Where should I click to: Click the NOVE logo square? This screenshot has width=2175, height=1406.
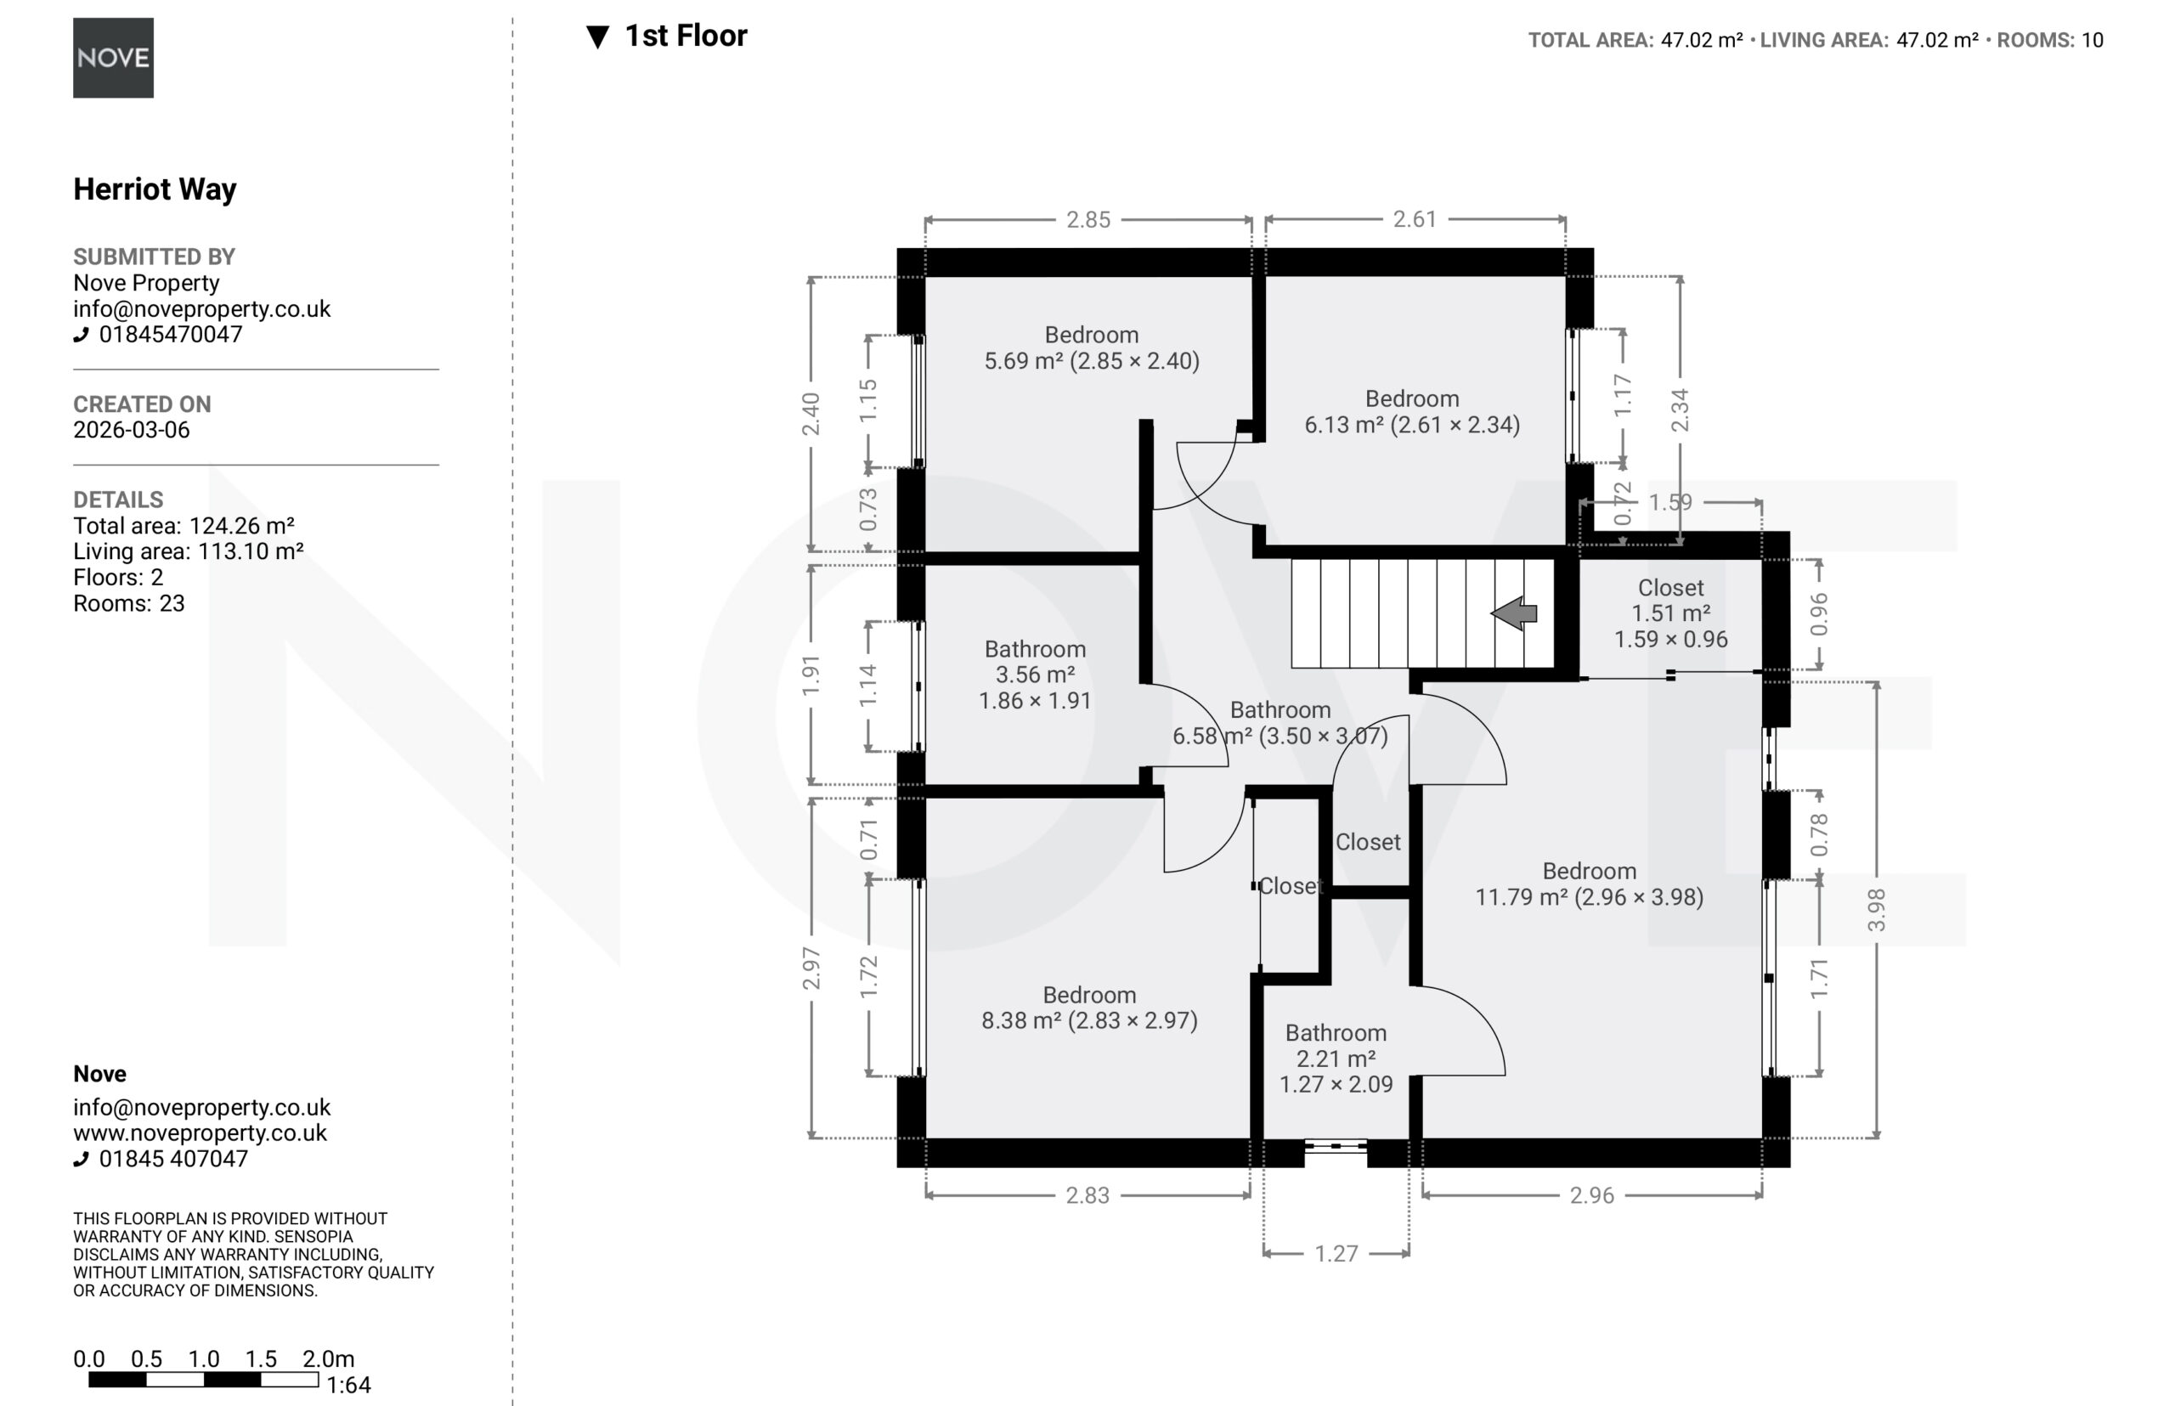point(113,58)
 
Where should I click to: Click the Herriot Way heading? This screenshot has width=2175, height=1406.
point(155,189)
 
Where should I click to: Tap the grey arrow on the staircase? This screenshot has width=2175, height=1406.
point(1514,613)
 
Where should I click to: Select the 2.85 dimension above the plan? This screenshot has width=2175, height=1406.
point(1088,220)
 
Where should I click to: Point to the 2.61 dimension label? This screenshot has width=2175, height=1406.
point(1415,219)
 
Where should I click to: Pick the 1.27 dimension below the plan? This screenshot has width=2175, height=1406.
point(1336,1254)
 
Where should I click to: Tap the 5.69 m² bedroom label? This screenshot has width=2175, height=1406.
point(1091,347)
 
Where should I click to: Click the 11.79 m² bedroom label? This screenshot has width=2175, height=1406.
point(1589,884)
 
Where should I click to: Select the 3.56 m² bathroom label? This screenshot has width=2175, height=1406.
point(1035,675)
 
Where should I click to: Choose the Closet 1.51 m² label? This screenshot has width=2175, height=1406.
point(1670,613)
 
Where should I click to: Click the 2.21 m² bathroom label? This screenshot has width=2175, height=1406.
point(1336,1059)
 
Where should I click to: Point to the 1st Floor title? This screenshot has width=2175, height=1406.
point(686,36)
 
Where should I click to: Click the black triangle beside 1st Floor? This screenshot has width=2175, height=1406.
point(597,37)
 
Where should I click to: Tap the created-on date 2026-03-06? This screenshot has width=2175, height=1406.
point(132,430)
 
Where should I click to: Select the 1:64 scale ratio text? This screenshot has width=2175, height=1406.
point(349,1385)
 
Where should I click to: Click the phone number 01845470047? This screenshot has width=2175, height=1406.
point(171,334)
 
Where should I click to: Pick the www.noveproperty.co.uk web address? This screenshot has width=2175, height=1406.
point(200,1133)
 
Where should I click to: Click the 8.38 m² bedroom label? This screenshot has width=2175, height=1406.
point(1089,1008)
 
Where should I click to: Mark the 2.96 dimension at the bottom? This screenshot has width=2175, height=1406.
point(1591,1195)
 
